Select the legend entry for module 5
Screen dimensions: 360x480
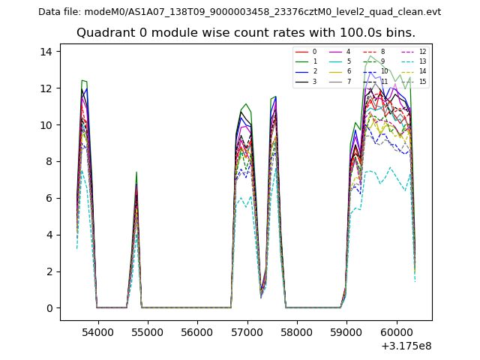tap(340, 61)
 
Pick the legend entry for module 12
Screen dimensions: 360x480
tap(414, 52)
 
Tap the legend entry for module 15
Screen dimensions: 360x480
tap(414, 81)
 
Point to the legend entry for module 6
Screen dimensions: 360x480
tap(340, 71)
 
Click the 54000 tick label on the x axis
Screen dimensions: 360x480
tap(97, 331)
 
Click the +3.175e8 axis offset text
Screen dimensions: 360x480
tap(406, 345)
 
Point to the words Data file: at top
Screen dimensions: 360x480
tap(58, 11)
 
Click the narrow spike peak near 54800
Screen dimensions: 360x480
tap(136, 172)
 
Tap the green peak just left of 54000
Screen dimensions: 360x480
tap(82, 80)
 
